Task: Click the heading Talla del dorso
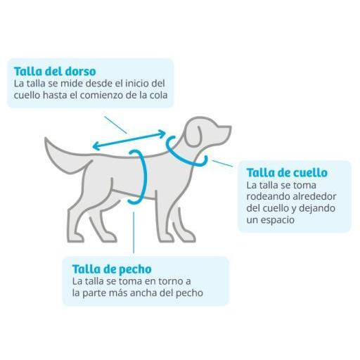55,72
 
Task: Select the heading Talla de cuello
287,173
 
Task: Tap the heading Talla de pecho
112,269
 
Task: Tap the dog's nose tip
230,128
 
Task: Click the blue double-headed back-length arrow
129,140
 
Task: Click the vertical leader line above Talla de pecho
134,233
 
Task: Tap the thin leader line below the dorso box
116,124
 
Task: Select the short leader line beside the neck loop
222,163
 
